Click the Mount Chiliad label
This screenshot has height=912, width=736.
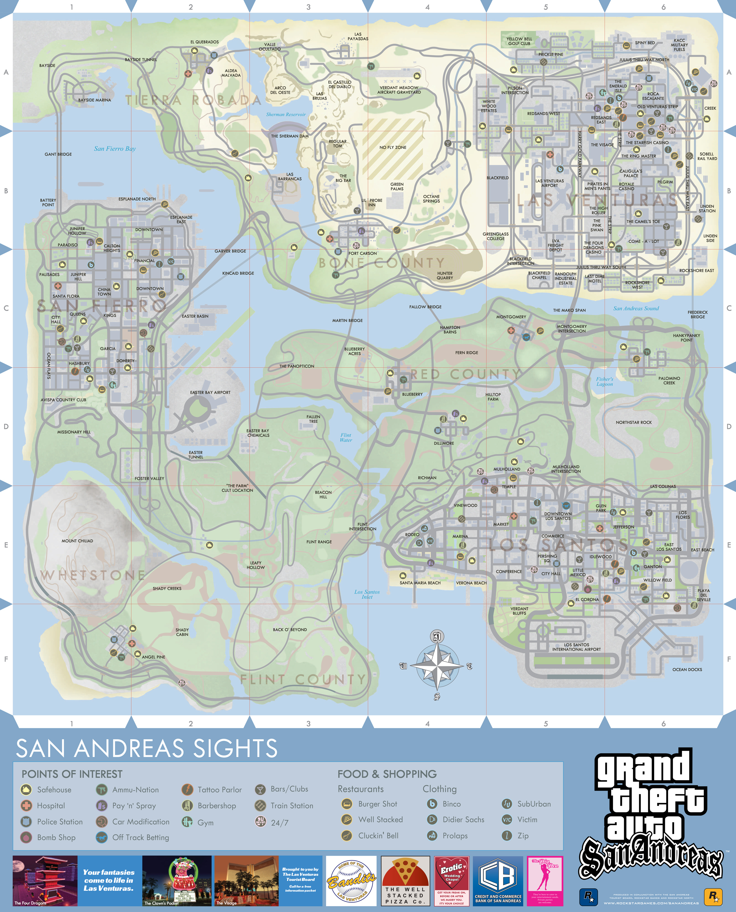[x=77, y=541]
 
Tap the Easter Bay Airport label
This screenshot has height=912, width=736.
[x=210, y=392]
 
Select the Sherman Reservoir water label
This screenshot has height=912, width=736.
[x=286, y=114]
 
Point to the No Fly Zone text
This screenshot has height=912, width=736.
[x=393, y=147]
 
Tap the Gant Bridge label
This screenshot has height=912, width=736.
[x=58, y=154]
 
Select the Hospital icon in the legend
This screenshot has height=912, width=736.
[x=26, y=806]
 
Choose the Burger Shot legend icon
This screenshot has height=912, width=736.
[x=347, y=804]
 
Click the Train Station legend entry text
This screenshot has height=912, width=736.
[x=292, y=806]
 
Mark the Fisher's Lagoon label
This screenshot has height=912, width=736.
[x=604, y=382]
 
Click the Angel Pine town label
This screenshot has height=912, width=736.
[x=153, y=657]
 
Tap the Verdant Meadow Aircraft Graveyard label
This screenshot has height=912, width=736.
[x=399, y=90]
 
